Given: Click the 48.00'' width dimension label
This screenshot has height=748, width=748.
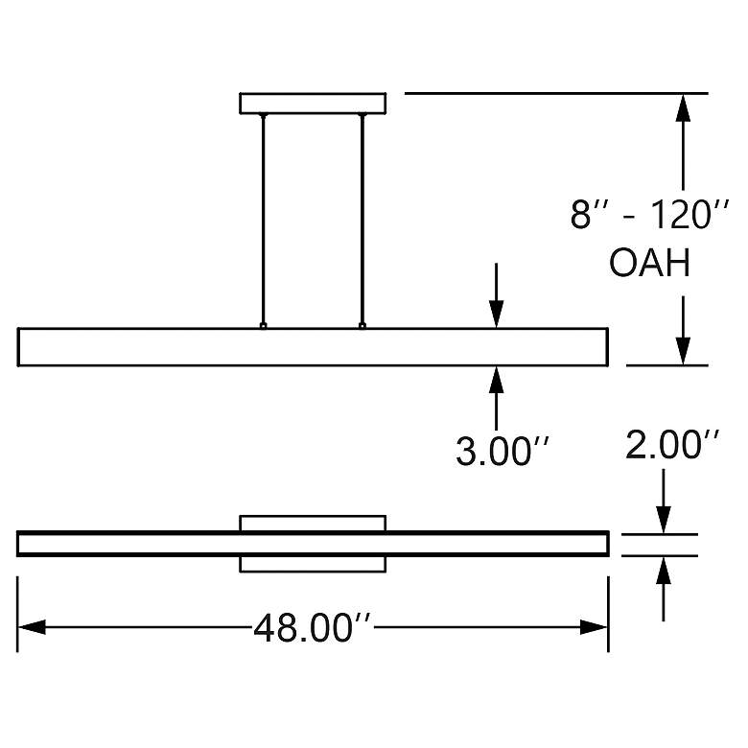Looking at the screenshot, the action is pyautogui.click(x=312, y=628).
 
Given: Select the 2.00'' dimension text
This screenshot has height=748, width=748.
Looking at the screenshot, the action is pyautogui.click(x=672, y=445).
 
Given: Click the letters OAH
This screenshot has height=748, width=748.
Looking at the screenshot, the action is pyautogui.click(x=650, y=263).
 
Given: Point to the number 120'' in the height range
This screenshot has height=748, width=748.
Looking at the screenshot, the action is pyautogui.click(x=690, y=214).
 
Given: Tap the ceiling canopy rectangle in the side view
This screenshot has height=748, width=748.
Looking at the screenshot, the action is pyautogui.click(x=313, y=104).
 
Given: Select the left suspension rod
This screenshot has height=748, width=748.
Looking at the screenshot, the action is pyautogui.click(x=263, y=219).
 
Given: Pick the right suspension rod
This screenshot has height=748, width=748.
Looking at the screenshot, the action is pyautogui.click(x=362, y=219).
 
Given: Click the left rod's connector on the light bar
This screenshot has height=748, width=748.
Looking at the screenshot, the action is pyautogui.click(x=263, y=326).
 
